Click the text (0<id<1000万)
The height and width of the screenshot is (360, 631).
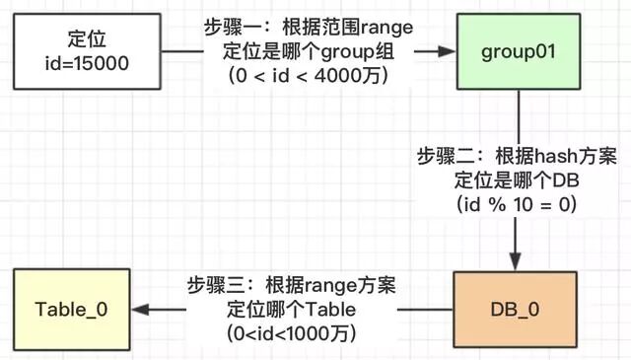(290, 332)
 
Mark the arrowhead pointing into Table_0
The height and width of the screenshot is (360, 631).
(144, 309)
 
